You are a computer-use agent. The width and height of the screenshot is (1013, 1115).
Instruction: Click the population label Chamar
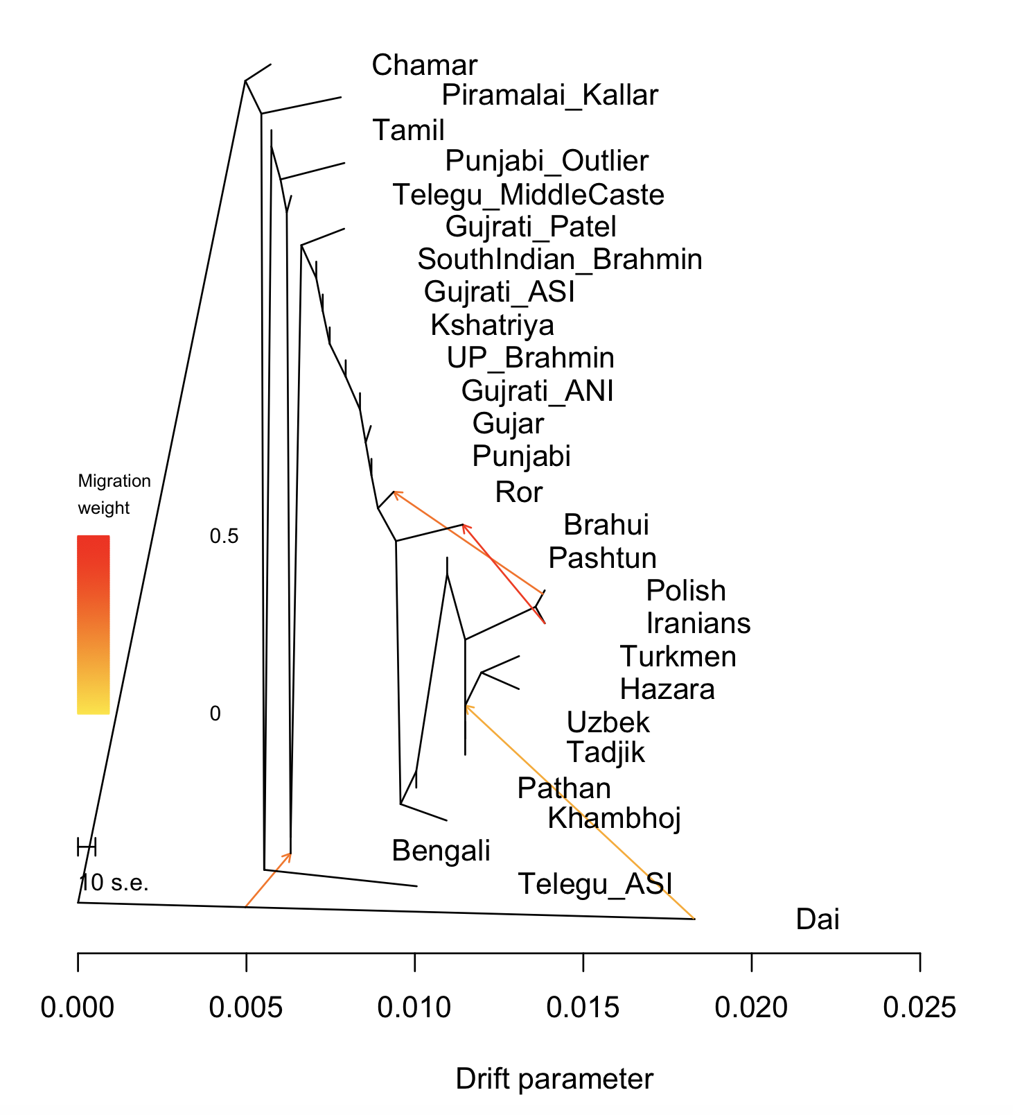[x=424, y=65]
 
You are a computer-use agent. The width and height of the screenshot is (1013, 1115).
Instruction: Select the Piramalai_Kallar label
[x=549, y=95]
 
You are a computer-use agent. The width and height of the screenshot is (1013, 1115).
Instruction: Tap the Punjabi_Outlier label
[x=547, y=161]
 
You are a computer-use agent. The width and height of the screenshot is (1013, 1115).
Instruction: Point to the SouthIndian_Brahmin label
[x=559, y=259]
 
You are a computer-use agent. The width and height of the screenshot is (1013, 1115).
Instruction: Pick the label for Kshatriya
[x=492, y=325]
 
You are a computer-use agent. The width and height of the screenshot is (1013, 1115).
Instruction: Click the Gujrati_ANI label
[x=537, y=391]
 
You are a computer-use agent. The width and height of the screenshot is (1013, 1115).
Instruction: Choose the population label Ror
[x=518, y=492]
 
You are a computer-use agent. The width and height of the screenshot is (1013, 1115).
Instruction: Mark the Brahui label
[x=606, y=525]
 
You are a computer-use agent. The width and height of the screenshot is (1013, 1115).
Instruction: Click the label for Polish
[x=685, y=591]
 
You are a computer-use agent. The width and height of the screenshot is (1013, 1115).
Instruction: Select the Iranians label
[x=698, y=623]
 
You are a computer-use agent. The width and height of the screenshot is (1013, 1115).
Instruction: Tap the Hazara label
[x=667, y=689]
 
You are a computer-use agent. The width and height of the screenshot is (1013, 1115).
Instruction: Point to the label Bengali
[x=441, y=850]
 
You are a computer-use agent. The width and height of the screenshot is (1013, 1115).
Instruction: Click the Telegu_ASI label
[x=594, y=884]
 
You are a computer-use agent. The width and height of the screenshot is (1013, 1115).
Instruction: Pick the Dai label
[x=818, y=919]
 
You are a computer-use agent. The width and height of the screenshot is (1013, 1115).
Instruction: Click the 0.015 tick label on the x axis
[x=583, y=1008]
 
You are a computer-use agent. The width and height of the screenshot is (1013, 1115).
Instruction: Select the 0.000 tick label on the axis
[x=78, y=1008]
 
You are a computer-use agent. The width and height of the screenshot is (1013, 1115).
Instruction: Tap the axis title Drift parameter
[x=554, y=1079]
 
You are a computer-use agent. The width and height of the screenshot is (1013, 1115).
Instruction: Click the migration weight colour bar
[x=93, y=624]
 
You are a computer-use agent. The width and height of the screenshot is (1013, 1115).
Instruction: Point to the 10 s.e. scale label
[x=114, y=883]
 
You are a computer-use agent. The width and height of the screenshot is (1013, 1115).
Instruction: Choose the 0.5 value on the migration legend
[x=224, y=536]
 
